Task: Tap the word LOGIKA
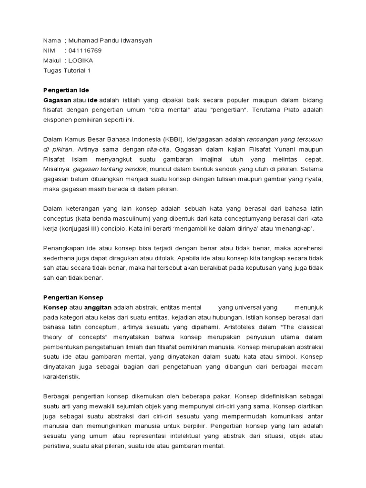tap(81, 61)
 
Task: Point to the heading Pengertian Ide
tap(66, 90)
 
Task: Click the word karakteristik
tap(62, 376)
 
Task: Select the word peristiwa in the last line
tap(57, 446)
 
